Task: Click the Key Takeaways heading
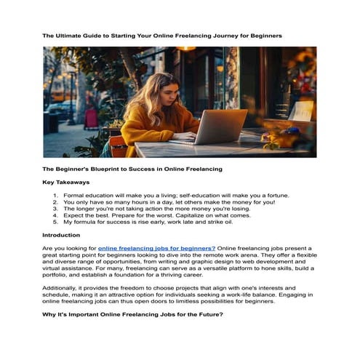tap(66, 182)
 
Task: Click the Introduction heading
tap(61, 235)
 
